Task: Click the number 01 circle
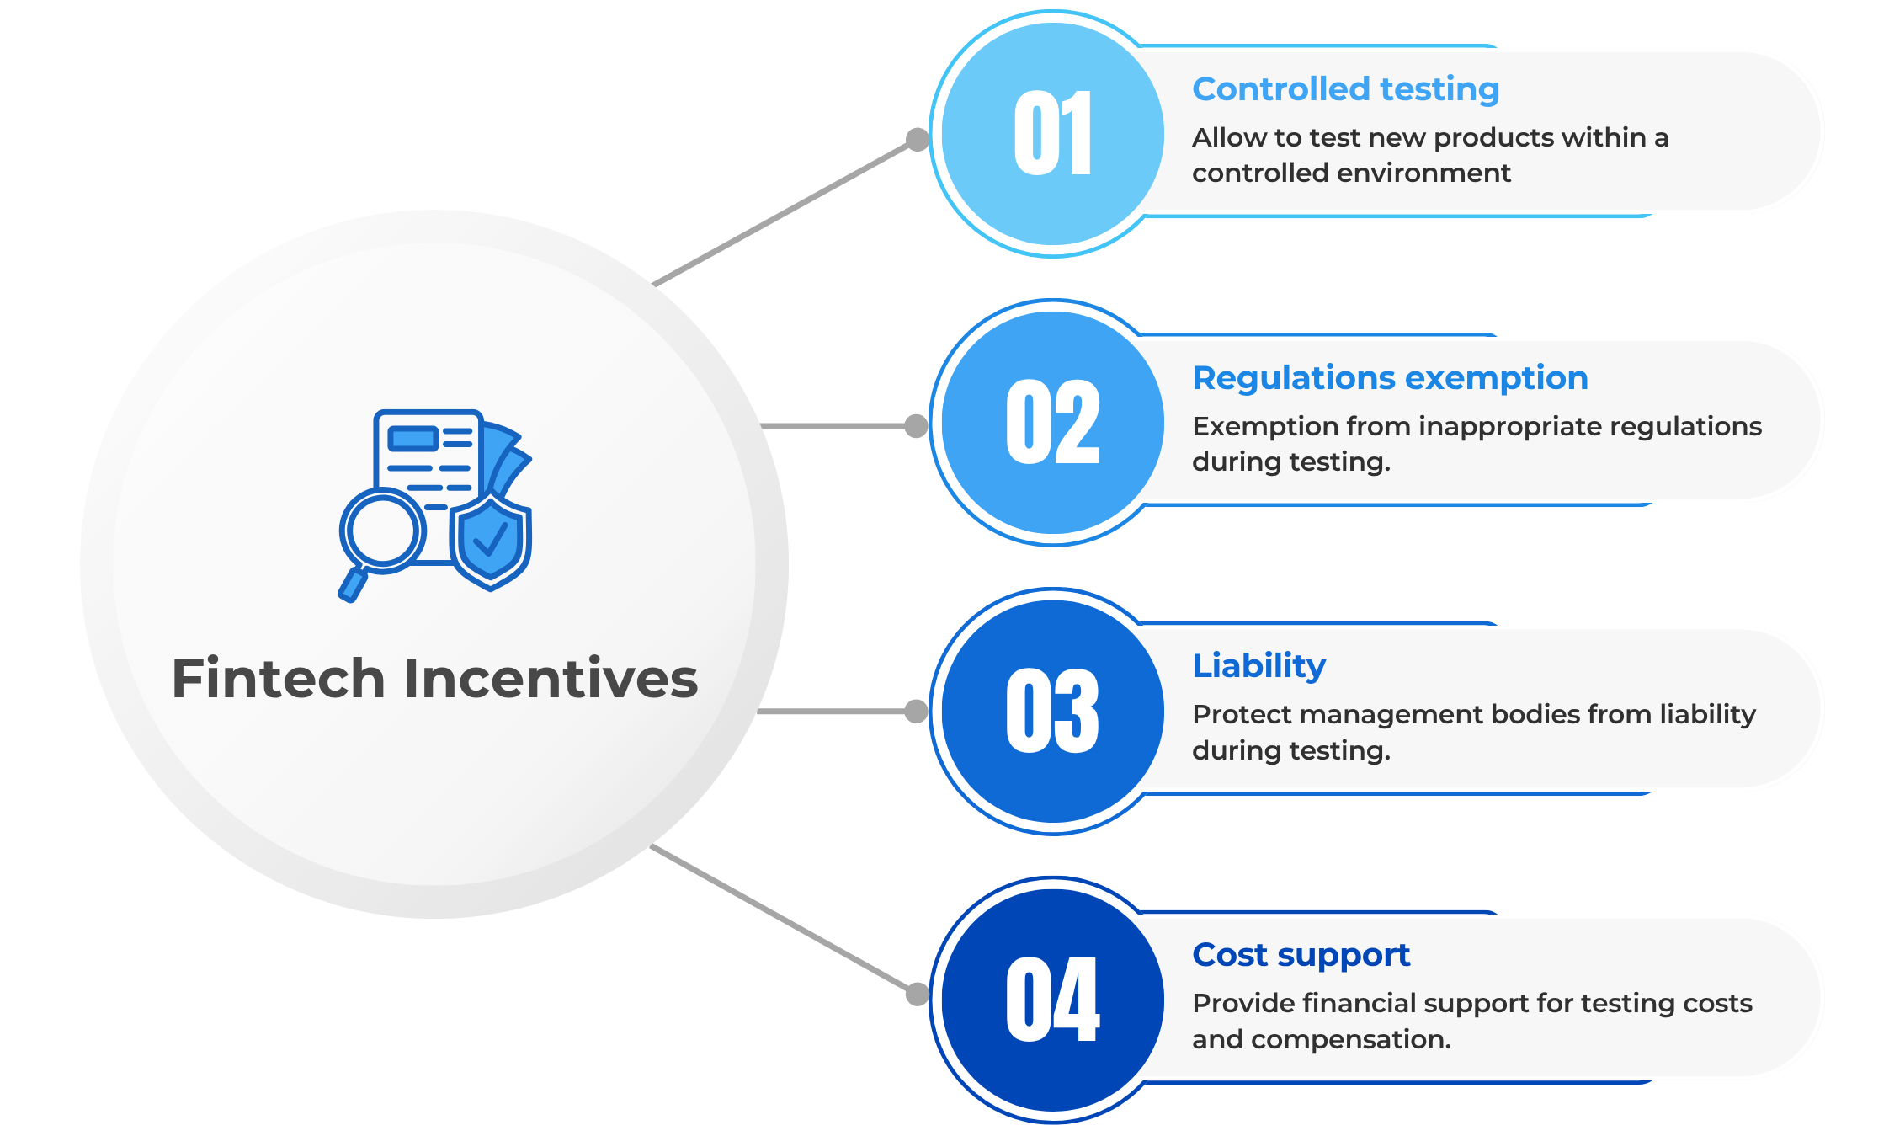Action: (x=1052, y=134)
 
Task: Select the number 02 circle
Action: (x=1052, y=423)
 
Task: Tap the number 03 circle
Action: (x=1052, y=712)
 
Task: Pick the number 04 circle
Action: (x=1052, y=1000)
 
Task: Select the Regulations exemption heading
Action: (x=1390, y=379)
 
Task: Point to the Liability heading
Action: (x=1258, y=667)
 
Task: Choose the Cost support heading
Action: (x=1301, y=956)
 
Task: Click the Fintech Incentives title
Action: (x=434, y=679)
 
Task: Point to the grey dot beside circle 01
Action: (x=917, y=139)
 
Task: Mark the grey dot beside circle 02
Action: (x=916, y=426)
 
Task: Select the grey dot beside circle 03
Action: (x=916, y=712)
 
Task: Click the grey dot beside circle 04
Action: (x=917, y=995)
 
